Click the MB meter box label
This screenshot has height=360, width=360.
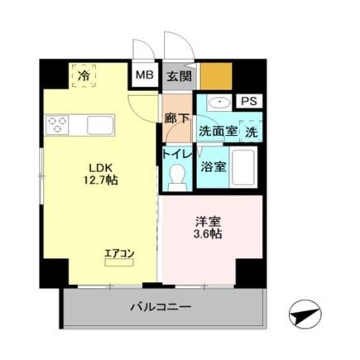coord(145,75)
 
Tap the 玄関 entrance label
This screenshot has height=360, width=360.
coord(179,76)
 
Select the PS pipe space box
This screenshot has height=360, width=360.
coord(249,101)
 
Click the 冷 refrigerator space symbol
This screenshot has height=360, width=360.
coord(84,76)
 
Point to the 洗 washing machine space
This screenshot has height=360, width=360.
coord(251,132)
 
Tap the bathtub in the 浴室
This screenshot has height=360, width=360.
coord(243,167)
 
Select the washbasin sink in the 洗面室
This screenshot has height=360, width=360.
coord(219,103)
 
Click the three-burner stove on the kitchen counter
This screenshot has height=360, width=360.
coord(58,125)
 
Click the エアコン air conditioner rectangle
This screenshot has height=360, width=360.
coord(119,262)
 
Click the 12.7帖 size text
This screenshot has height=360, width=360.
coord(101,180)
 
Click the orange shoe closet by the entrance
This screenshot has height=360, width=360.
coord(216,76)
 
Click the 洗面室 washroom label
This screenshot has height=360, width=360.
coord(217,131)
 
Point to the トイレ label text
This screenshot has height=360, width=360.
coord(176,154)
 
